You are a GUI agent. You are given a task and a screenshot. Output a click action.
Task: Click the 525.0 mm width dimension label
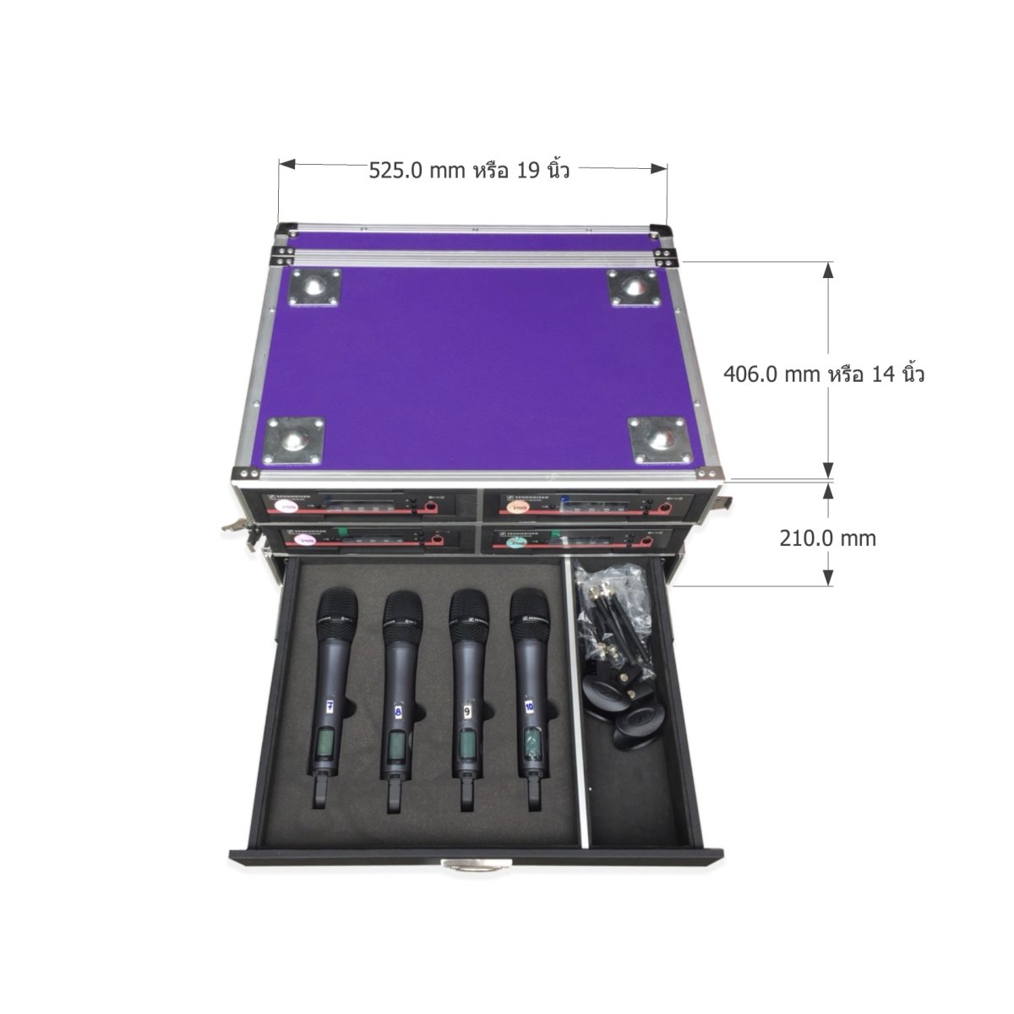[x=469, y=170]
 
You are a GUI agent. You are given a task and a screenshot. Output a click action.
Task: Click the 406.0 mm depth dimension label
[x=824, y=373]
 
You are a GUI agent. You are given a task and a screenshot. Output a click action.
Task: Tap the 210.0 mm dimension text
[x=827, y=537]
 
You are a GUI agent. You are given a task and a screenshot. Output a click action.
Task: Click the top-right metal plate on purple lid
[x=632, y=288]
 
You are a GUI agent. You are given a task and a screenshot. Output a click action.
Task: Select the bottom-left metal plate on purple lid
[x=292, y=439]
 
